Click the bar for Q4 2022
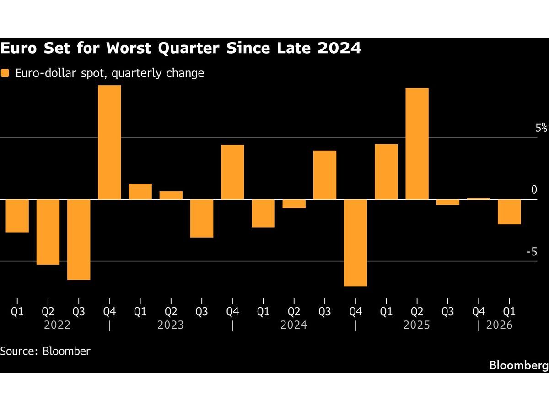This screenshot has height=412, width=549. [x=110, y=142]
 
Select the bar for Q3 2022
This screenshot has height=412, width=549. [x=79, y=239]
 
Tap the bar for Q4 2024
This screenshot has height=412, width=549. [x=355, y=243]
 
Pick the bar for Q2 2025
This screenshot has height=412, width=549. [x=417, y=144]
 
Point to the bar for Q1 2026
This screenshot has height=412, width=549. [x=509, y=212]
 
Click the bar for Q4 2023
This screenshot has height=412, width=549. [x=232, y=172]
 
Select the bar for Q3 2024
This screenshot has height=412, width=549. [x=324, y=175]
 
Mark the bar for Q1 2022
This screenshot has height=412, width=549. [x=17, y=216]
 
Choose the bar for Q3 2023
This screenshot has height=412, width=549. [x=202, y=218]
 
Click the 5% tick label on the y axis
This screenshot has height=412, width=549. [x=541, y=128]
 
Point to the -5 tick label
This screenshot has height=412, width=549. [x=531, y=252]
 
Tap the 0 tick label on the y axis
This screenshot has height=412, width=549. [x=534, y=190]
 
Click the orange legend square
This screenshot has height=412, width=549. [x=5, y=73]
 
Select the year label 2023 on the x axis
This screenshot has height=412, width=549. [x=171, y=325]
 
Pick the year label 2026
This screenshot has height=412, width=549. [x=499, y=325]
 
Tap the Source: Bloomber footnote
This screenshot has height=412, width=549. [x=45, y=352]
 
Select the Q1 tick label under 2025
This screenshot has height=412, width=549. [x=386, y=312]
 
